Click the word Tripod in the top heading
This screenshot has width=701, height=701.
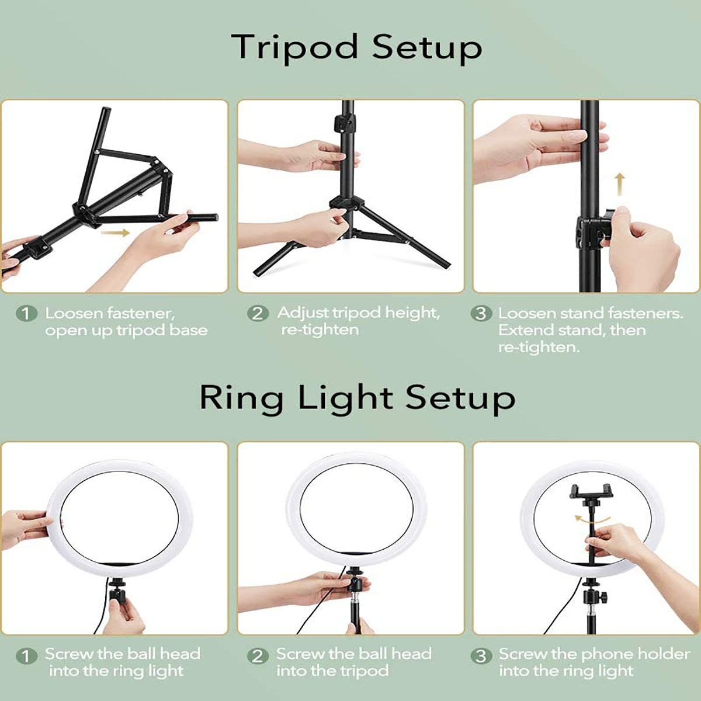(294, 48)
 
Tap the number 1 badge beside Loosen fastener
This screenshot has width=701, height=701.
(26, 314)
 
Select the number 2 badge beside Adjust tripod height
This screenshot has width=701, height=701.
(258, 313)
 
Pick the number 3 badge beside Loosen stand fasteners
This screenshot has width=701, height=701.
(481, 313)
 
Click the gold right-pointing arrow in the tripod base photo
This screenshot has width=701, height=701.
(115, 232)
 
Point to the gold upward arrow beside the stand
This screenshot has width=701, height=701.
(620, 185)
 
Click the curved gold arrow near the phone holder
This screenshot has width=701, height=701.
(592, 520)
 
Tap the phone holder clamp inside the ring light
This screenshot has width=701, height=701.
(591, 492)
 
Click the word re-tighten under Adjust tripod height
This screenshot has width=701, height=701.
(320, 330)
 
